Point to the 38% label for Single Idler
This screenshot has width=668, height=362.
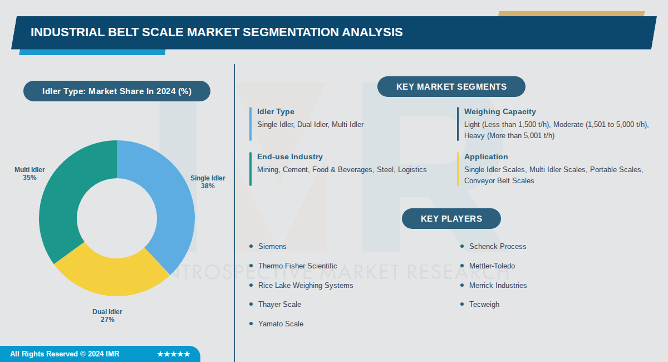(x=208, y=186)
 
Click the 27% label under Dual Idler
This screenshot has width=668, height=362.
(x=107, y=320)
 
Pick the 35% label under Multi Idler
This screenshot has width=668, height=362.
(x=30, y=178)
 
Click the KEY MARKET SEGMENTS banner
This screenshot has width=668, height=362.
(x=451, y=87)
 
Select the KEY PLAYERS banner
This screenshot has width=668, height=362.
(x=451, y=218)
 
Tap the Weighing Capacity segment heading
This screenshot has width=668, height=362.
(x=500, y=112)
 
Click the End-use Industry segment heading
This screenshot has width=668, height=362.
(x=289, y=157)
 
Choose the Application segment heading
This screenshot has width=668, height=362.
(x=486, y=157)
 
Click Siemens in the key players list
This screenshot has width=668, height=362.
(x=272, y=246)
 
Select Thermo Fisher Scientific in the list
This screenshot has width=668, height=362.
(x=297, y=266)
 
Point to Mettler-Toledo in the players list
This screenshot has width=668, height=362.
(x=492, y=266)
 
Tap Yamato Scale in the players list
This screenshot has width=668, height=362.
(x=281, y=324)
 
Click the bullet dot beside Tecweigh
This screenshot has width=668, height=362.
(x=462, y=304)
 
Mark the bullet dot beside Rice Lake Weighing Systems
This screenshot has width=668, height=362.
(x=252, y=285)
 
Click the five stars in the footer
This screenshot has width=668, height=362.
(x=173, y=354)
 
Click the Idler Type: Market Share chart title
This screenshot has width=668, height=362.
(x=117, y=91)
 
